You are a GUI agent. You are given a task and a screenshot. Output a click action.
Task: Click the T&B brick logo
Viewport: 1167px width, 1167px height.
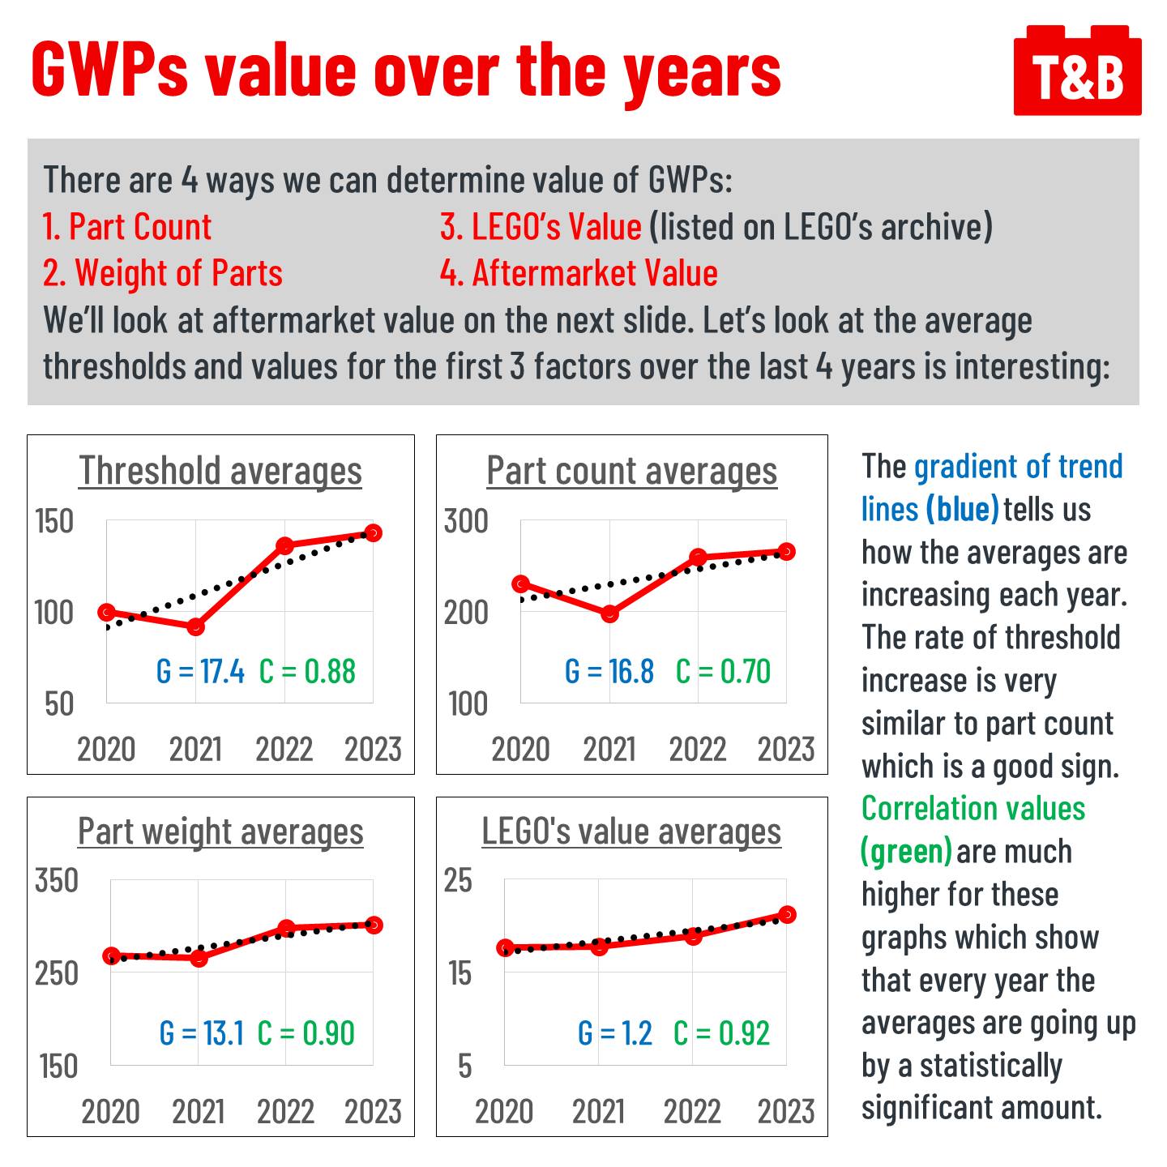point(1077,73)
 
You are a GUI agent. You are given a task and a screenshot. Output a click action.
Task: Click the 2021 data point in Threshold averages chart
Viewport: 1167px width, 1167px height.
point(195,626)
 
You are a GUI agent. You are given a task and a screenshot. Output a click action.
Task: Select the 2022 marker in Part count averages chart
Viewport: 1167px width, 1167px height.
point(698,558)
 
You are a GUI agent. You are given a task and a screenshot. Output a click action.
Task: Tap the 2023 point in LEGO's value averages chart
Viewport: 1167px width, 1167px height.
point(786,915)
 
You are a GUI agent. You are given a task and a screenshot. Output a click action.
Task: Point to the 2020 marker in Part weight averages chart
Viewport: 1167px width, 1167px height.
point(112,956)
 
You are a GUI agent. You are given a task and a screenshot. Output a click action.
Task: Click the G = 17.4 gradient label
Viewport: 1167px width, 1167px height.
point(200,672)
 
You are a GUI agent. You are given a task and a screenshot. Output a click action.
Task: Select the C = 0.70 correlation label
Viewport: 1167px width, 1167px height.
point(723,672)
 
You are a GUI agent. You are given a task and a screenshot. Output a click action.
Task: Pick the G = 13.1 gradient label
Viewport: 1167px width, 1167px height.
point(202,1033)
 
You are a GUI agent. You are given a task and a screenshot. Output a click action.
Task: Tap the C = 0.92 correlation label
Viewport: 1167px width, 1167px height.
point(721,1033)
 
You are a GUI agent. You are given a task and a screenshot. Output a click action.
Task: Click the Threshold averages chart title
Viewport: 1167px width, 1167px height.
point(220,471)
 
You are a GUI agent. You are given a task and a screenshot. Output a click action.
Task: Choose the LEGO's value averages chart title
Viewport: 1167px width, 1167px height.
point(631,832)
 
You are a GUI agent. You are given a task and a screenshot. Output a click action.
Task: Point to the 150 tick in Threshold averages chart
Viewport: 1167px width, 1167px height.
point(54,521)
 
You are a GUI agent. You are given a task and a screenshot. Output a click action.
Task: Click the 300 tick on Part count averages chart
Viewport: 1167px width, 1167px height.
point(466,521)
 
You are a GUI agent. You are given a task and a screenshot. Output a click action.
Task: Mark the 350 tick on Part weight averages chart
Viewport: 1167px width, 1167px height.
point(57,881)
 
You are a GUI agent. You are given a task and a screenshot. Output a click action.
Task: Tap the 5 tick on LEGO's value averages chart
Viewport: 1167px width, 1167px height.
point(464,1067)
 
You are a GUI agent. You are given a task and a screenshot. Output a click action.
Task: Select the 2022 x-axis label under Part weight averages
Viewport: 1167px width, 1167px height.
point(285,1112)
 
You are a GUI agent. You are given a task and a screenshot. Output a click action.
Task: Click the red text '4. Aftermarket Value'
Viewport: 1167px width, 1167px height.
point(579,274)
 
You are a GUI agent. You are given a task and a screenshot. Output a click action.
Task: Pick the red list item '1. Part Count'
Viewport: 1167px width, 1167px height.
point(127,227)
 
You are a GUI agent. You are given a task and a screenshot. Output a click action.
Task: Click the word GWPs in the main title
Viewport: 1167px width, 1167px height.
point(109,71)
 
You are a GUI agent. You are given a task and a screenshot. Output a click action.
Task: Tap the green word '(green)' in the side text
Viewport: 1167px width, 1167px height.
point(906,852)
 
